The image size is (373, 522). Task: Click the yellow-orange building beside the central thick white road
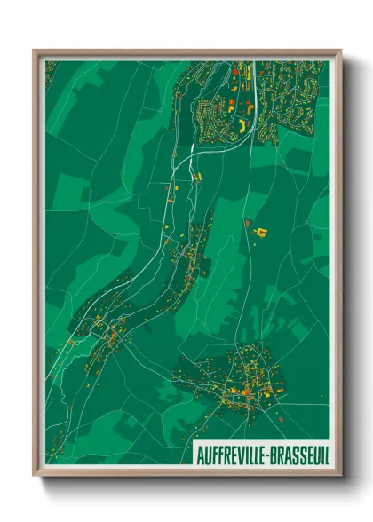pos(197,178)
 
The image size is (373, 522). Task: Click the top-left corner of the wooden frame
pos(35,51)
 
